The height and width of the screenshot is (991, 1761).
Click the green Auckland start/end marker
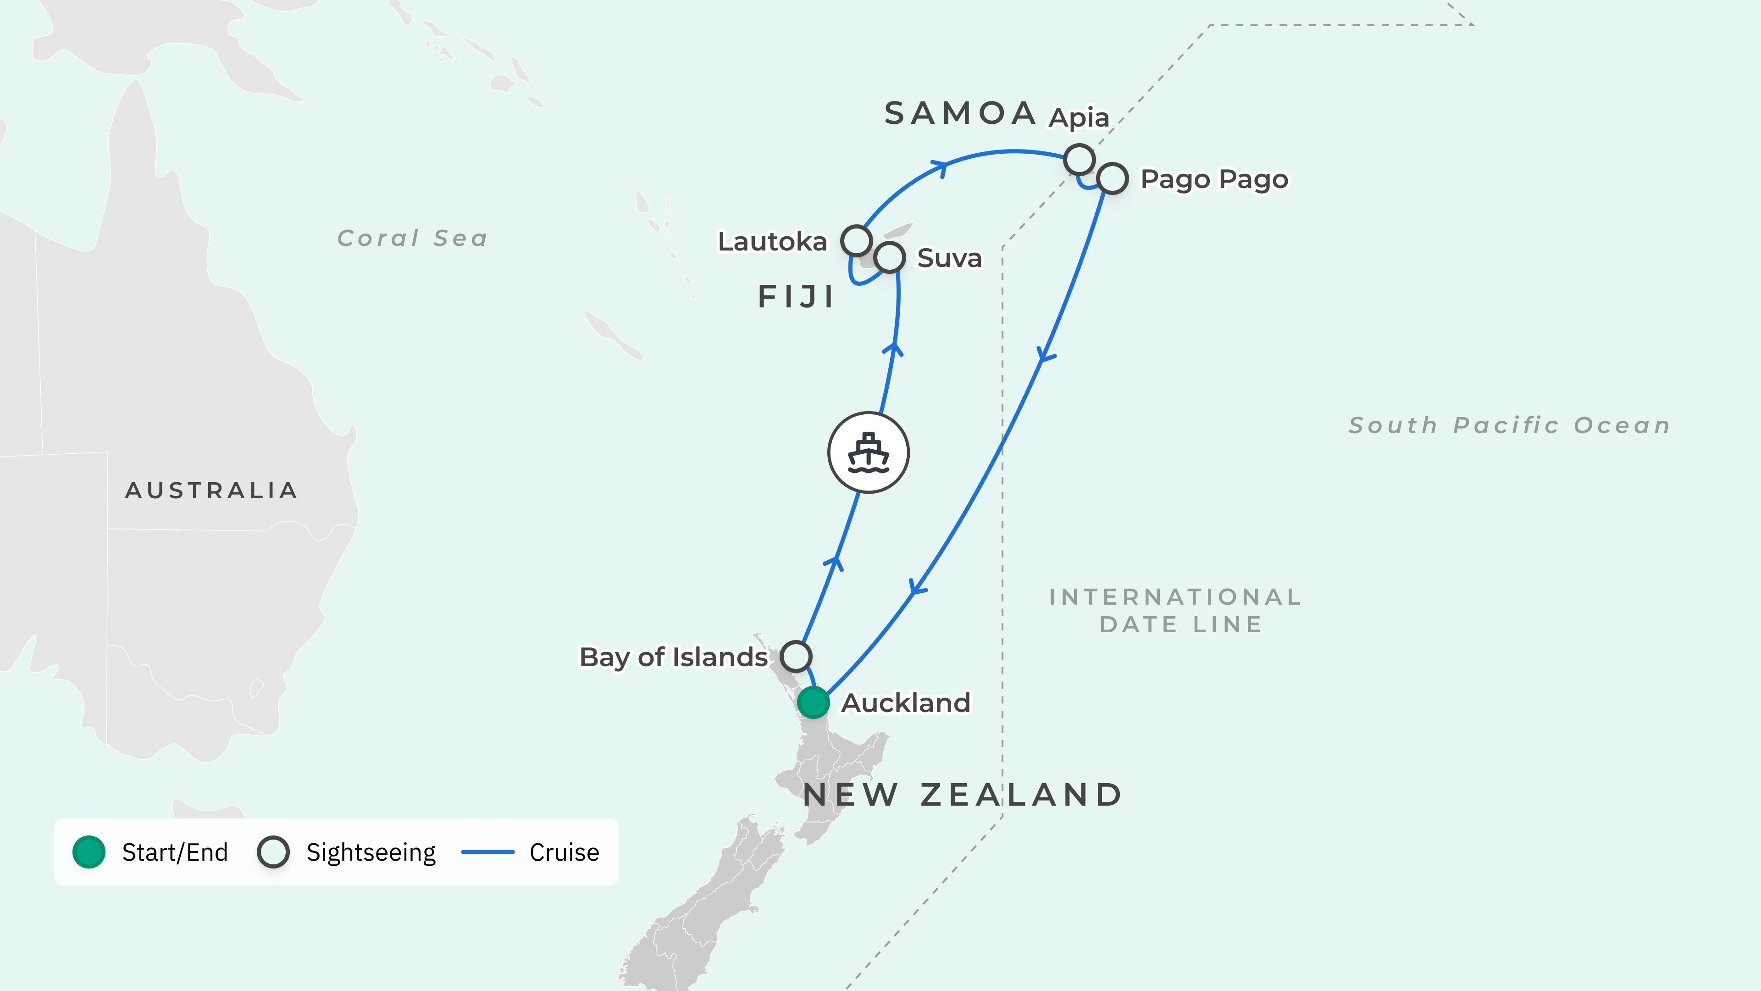[x=813, y=702]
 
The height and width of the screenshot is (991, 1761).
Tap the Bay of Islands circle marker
[x=796, y=657]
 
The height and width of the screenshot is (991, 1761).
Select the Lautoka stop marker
[x=856, y=241]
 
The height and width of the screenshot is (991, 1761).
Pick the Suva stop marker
[x=889, y=258]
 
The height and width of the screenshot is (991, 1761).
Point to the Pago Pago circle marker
[x=1112, y=179]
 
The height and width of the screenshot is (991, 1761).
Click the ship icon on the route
[x=868, y=453]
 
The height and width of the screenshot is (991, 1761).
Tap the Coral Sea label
[x=412, y=238]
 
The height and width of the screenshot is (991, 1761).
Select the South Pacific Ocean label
[x=1509, y=425]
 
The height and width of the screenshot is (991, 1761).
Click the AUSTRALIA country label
[x=211, y=490]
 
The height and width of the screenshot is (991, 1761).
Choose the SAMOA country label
[x=960, y=113]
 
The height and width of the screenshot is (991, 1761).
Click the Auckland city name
[x=906, y=703]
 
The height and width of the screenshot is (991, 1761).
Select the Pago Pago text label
[x=1214, y=179]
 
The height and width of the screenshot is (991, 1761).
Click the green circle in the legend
[x=89, y=852]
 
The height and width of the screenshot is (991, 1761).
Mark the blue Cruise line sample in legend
[x=487, y=852]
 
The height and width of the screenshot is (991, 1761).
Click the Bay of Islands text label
[x=673, y=657]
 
